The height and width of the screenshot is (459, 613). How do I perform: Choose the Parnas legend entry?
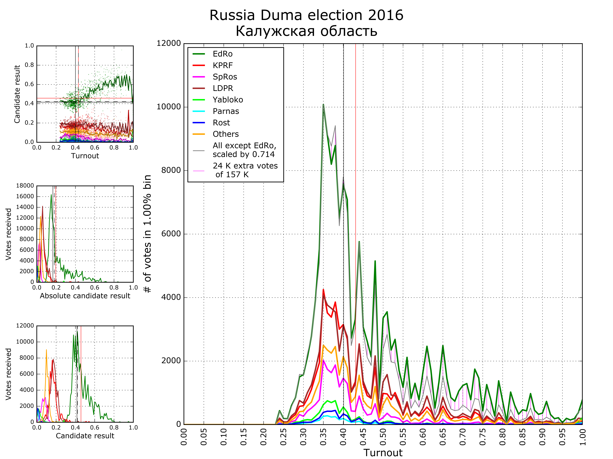coord(226,111)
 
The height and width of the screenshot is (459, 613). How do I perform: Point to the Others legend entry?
coord(226,134)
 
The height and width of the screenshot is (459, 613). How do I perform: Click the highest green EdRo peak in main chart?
coord(323,105)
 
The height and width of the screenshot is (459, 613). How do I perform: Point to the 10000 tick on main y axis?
coord(168,107)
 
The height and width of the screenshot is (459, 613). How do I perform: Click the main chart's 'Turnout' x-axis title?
coord(383,453)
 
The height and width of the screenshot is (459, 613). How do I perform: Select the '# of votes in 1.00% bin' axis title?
coord(147,234)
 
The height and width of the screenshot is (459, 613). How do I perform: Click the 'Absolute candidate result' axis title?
coord(85,296)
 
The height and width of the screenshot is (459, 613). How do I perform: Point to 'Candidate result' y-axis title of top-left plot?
coord(17,94)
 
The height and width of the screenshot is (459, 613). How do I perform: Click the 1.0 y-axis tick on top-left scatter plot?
coord(29,46)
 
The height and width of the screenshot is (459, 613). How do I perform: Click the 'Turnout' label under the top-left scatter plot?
coord(85,156)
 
